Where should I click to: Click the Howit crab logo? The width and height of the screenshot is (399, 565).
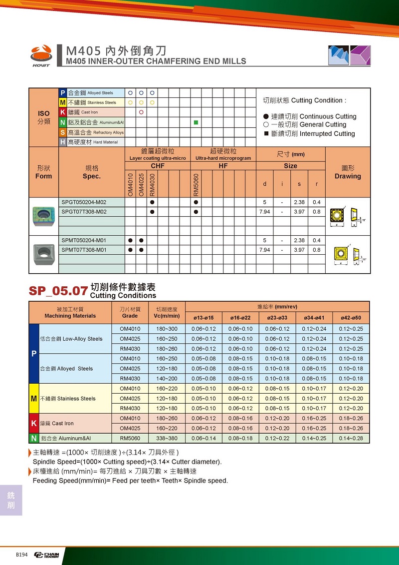41,54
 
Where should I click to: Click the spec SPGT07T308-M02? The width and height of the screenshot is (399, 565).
84,212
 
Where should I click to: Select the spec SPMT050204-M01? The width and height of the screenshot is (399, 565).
84,240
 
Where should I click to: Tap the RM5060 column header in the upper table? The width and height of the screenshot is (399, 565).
196,184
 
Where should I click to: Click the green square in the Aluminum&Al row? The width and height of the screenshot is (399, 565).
196,122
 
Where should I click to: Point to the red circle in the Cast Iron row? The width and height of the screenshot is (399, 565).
141,112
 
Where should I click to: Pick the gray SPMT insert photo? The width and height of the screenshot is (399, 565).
43,249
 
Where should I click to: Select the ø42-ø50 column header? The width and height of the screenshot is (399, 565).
351,318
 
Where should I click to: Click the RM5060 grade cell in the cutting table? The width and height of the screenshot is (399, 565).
130,438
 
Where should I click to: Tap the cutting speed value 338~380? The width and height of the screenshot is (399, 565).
167,438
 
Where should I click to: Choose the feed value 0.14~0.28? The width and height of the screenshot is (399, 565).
351,438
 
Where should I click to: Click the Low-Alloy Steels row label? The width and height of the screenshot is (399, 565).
71,339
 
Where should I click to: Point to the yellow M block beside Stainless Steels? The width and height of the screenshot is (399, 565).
34,399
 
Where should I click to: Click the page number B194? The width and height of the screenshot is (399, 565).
21,555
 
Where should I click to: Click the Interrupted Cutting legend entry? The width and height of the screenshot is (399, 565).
309,134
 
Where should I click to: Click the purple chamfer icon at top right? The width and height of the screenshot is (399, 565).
360,55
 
